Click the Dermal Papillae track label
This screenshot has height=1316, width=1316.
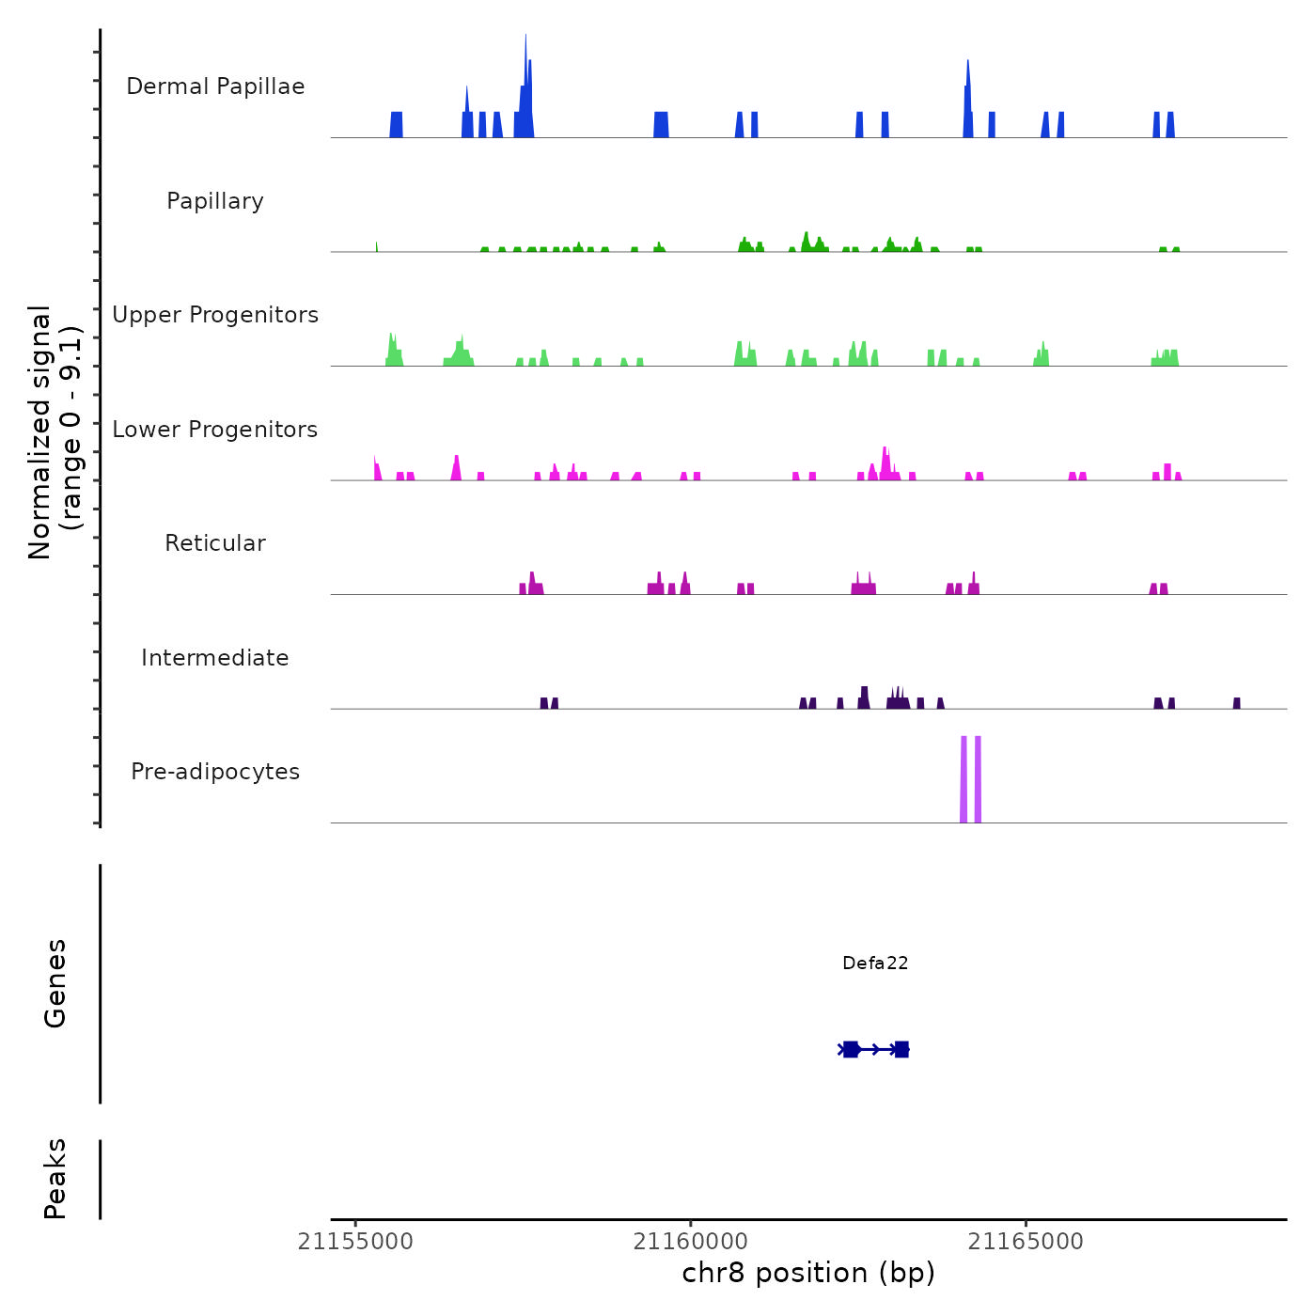point(215,86)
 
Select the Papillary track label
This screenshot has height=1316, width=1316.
point(215,201)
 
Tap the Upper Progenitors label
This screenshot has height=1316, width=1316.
point(215,315)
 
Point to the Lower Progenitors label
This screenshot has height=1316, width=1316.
point(215,430)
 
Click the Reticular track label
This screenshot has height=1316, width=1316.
point(215,543)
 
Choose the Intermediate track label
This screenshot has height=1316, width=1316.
point(215,658)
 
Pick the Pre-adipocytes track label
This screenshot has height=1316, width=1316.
point(215,772)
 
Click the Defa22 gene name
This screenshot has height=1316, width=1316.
point(875,963)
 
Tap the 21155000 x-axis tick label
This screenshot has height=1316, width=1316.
point(355,1242)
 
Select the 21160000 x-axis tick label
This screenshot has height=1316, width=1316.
point(691,1242)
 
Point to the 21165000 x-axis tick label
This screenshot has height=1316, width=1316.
point(1026,1242)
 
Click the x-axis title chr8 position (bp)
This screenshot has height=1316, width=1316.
point(808,1274)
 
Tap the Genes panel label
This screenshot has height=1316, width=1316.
point(55,982)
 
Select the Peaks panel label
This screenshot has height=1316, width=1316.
point(55,1179)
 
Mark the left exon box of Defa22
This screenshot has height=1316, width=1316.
point(851,1049)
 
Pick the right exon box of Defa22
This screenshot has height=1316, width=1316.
point(901,1049)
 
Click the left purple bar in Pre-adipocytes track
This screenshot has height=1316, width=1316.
point(963,780)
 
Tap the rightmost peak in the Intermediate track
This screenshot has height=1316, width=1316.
point(1237,704)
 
